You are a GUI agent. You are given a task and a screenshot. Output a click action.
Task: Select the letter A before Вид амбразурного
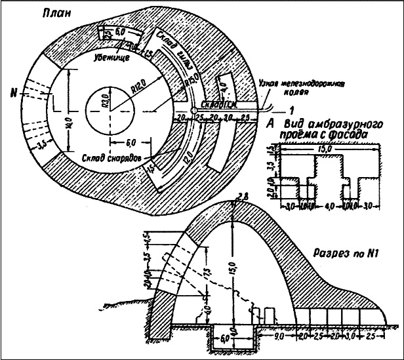pos(270,123)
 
